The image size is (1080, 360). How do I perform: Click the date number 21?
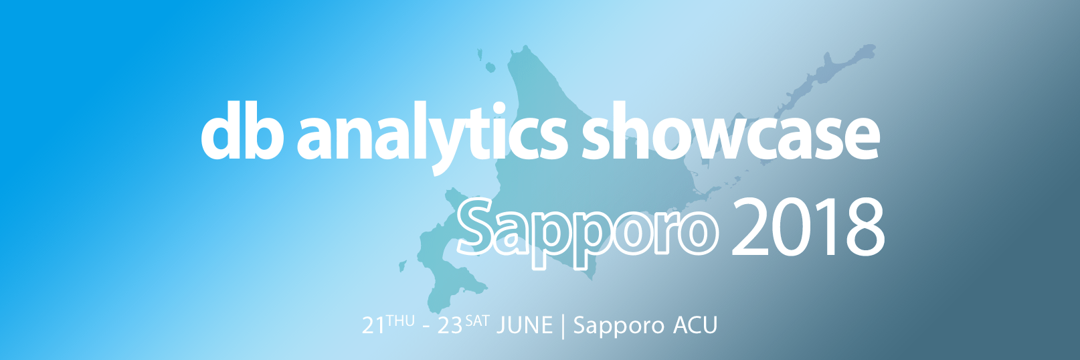pos(374,326)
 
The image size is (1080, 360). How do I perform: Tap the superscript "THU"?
pos(400,321)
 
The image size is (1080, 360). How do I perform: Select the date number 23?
pos(450,326)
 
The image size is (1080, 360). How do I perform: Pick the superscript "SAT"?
pos(477,321)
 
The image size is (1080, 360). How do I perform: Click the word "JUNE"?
pos(525,326)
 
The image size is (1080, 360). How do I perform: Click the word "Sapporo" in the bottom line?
pos(618,326)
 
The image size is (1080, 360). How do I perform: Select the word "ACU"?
pos(695,325)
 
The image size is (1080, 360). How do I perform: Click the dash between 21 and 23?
pos(426,327)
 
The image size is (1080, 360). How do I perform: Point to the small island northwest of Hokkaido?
pos(490,67)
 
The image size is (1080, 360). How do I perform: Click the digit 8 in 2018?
pos(863,228)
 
